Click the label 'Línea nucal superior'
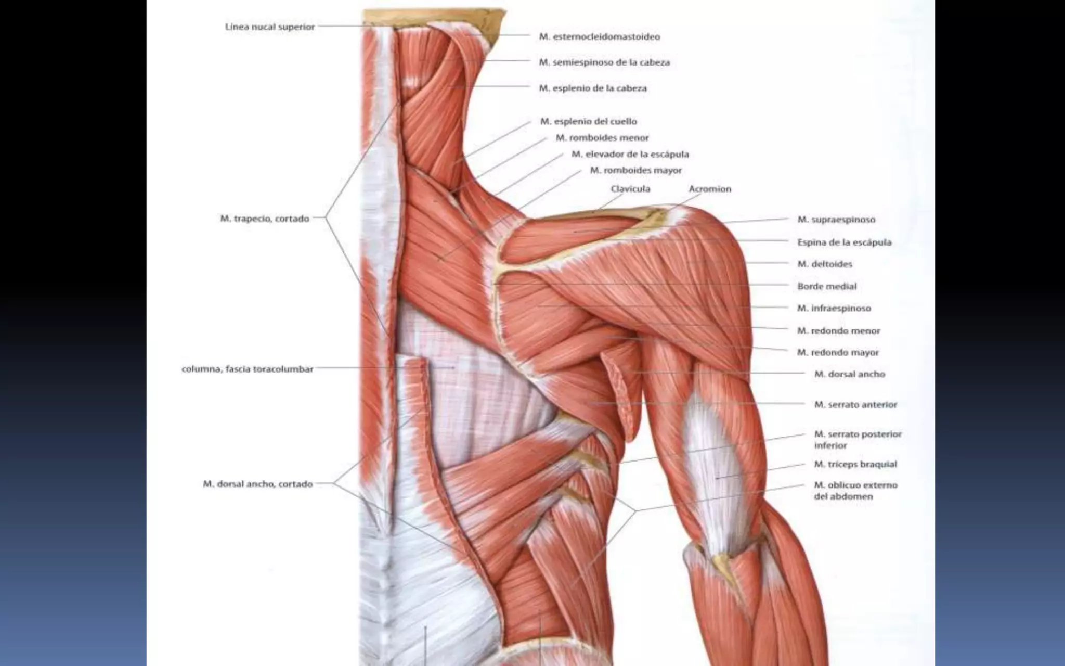point(270,27)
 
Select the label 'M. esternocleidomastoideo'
point(599,36)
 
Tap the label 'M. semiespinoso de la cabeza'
point(604,62)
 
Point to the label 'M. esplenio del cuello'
point(588,121)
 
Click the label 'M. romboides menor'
point(602,138)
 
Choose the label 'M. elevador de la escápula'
point(630,154)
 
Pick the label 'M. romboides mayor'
point(635,170)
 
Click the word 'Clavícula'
point(630,188)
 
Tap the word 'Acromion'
point(710,188)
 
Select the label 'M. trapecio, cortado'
point(265,219)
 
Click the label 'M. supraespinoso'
point(836,220)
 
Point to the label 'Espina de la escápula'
point(844,242)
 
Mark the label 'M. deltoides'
point(825,264)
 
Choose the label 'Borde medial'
point(826,286)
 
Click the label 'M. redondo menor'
point(838,330)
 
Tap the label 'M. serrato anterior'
point(855,404)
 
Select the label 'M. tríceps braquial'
point(855,464)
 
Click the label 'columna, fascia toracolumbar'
point(248,369)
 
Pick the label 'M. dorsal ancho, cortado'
point(257,484)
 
